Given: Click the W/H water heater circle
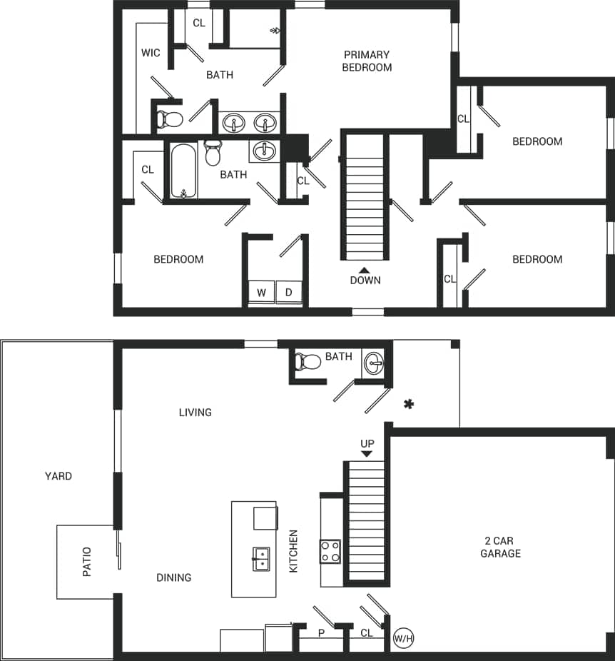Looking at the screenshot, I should (402, 637).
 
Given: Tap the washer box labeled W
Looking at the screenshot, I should (261, 293).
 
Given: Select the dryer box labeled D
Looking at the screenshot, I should (289, 293).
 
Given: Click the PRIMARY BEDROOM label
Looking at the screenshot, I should (367, 61).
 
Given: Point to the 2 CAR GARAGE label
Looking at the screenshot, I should (500, 548).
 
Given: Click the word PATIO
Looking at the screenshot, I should (87, 562).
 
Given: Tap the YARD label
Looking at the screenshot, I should (59, 476).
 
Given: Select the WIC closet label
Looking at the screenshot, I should (151, 53).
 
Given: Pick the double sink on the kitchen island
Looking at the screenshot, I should (261, 559).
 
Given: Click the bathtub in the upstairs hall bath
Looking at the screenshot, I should (184, 171).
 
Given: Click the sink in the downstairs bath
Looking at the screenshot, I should (373, 363).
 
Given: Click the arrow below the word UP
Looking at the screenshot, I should (367, 453).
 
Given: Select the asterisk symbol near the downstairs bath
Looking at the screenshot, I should (409, 405).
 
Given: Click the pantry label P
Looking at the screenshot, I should (321, 633).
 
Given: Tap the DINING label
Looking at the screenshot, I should (174, 577).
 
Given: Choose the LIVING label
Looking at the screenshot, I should (195, 412).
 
